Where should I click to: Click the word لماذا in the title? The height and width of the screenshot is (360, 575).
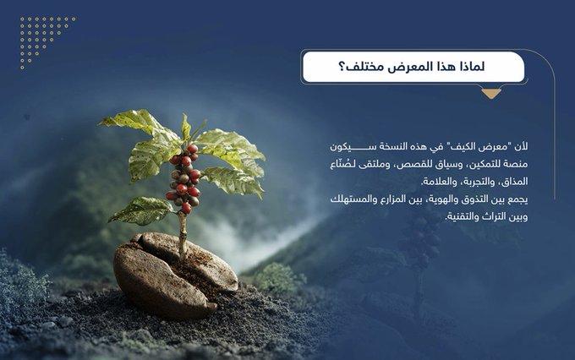(484, 66)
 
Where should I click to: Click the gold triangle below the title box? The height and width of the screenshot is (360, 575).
(490, 94)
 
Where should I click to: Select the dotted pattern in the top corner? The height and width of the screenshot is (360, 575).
(47, 39)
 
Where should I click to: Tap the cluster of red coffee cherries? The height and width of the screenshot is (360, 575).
(183, 178)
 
